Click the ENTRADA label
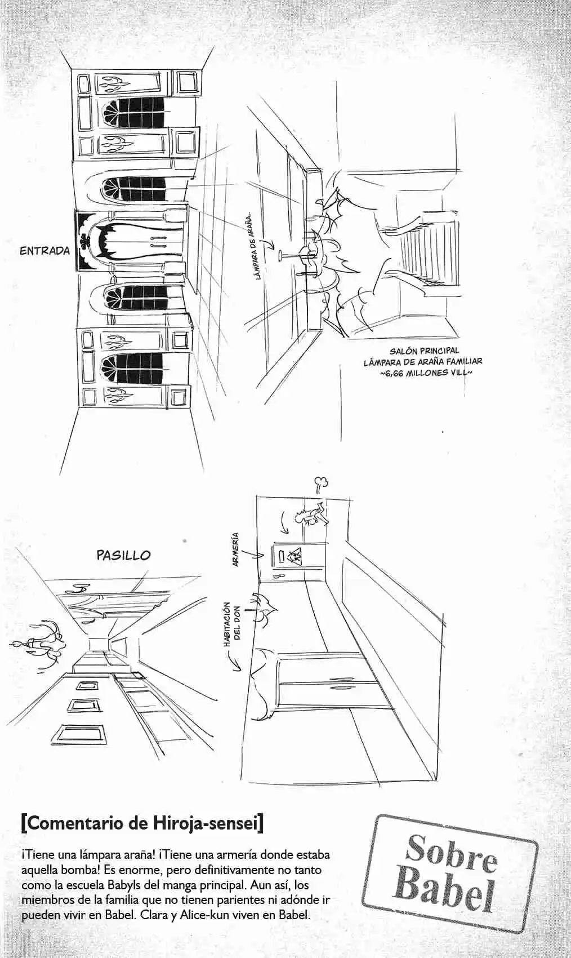[44, 251]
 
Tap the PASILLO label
[123, 555]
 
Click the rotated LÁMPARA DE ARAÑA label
[256, 247]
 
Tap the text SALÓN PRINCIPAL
[425, 352]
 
